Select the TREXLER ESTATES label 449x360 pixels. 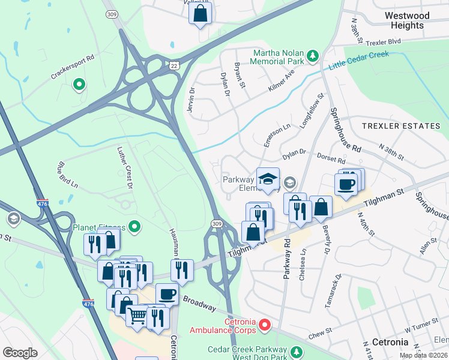(x=400, y=126)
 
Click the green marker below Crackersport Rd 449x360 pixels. (x=78, y=85)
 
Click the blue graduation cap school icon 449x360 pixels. (x=268, y=178)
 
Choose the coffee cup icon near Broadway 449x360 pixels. (x=167, y=294)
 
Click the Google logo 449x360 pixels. (x=20, y=352)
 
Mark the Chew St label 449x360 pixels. (x=321, y=332)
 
